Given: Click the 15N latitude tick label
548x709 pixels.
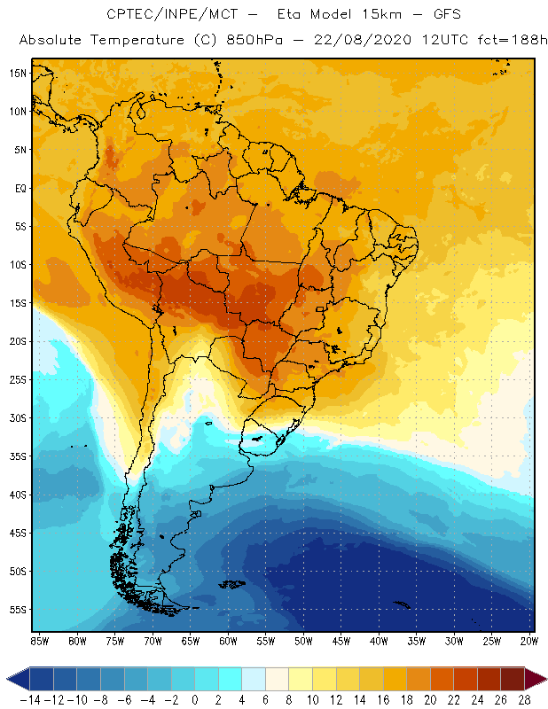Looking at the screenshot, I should pyautogui.click(x=18, y=73).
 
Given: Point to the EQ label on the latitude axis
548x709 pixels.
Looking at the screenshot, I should pyautogui.click(x=20, y=188).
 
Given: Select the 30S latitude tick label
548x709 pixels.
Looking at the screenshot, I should pyautogui.click(x=18, y=417).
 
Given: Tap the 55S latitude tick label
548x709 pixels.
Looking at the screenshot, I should pyautogui.click(x=18, y=609).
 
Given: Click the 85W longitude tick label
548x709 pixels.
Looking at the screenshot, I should pyautogui.click(x=39, y=640).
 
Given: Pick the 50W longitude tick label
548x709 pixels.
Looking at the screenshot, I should pyautogui.click(x=303, y=640).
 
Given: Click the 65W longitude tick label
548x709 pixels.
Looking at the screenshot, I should pyautogui.click(x=190, y=640).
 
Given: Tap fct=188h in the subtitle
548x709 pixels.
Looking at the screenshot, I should pyautogui.click(x=501, y=41).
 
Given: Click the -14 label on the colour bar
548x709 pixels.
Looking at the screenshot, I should pyautogui.click(x=30, y=700).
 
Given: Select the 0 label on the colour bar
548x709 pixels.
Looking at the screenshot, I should pyautogui.click(x=195, y=700).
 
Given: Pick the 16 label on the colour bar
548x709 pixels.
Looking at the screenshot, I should pyautogui.click(x=382, y=700).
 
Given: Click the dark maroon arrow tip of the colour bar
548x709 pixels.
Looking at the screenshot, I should pyautogui.click(x=538, y=679).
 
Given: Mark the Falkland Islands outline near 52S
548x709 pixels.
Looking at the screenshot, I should pyautogui.click(x=233, y=583).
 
